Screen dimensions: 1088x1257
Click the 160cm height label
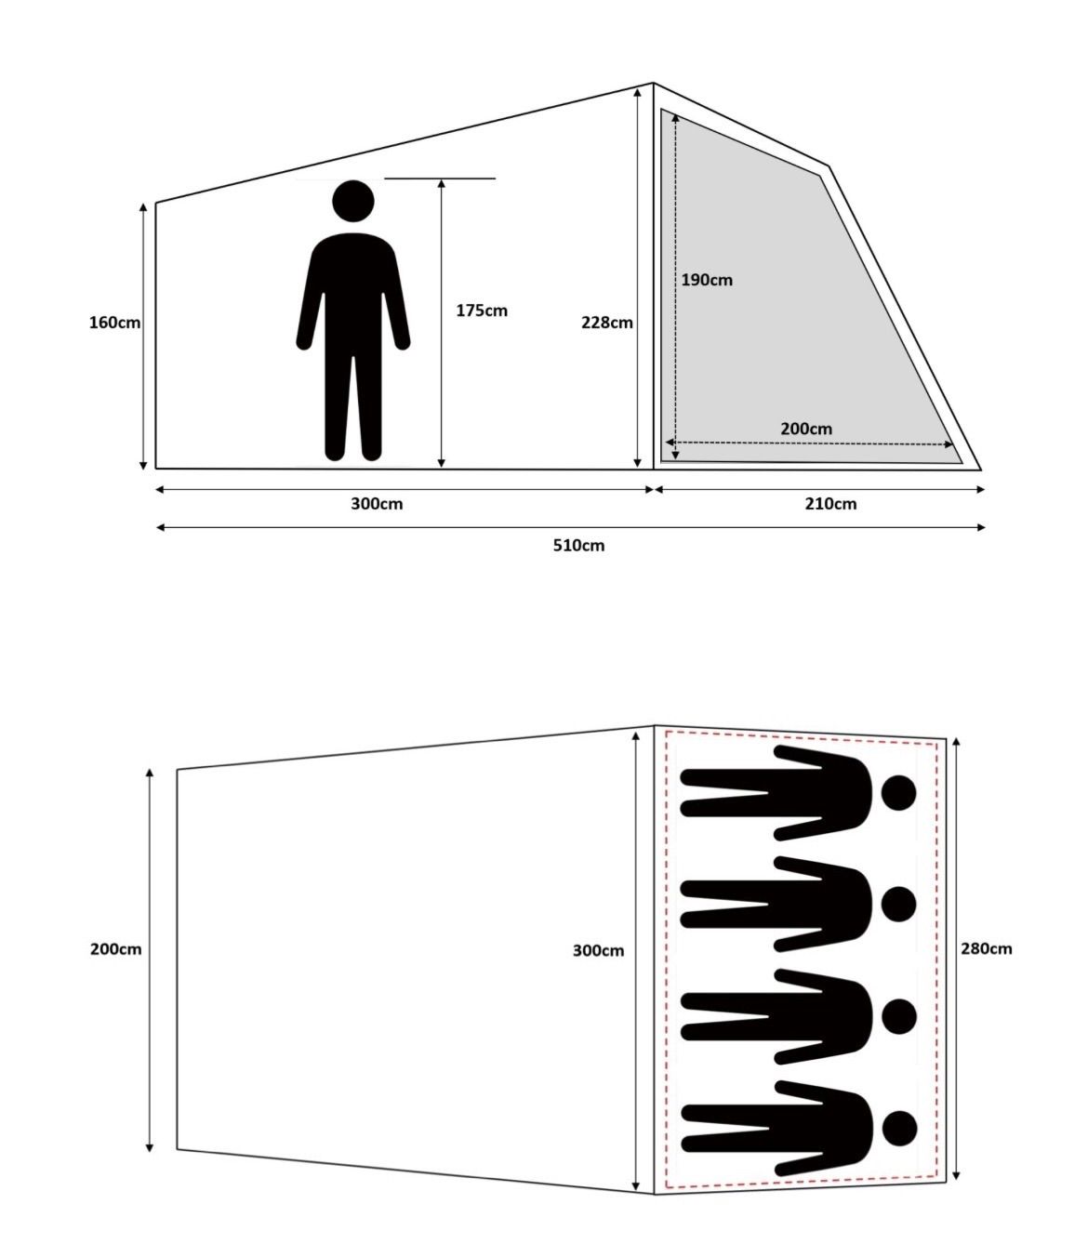tap(114, 323)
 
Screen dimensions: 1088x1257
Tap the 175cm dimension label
tap(482, 311)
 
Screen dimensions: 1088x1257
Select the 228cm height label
tap(607, 323)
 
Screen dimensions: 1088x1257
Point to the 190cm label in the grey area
tap(707, 280)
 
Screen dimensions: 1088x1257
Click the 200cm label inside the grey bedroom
tap(806, 429)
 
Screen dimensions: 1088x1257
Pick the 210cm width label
tap(830, 504)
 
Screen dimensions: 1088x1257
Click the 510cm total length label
tap(579, 545)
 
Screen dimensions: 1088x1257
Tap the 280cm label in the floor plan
tap(987, 948)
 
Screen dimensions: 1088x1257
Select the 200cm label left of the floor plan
tap(115, 948)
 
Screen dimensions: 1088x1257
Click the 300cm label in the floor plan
tap(599, 950)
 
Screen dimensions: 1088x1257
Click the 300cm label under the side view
tap(377, 504)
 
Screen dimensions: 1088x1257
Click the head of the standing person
tap(353, 201)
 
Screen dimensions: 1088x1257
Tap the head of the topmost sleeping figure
tap(899, 793)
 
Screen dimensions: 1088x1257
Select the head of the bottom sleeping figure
tap(899, 1129)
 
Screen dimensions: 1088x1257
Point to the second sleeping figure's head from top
tap(899, 904)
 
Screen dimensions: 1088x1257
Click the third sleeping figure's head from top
tap(899, 1016)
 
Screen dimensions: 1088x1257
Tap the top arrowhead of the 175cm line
tap(442, 184)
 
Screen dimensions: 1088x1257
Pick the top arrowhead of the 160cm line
tap(143, 207)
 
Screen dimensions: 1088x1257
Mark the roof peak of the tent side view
tap(654, 84)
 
